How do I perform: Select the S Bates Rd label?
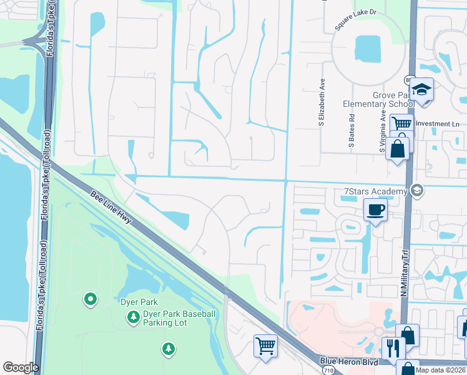[351, 131]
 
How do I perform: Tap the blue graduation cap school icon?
[422, 89]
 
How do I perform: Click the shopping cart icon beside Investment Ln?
[401, 124]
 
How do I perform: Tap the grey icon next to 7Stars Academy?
[416, 190]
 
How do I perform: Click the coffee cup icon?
[375, 209]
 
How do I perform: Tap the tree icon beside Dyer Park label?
[133, 318]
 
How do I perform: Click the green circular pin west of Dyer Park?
[91, 300]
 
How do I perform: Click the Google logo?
[21, 367]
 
